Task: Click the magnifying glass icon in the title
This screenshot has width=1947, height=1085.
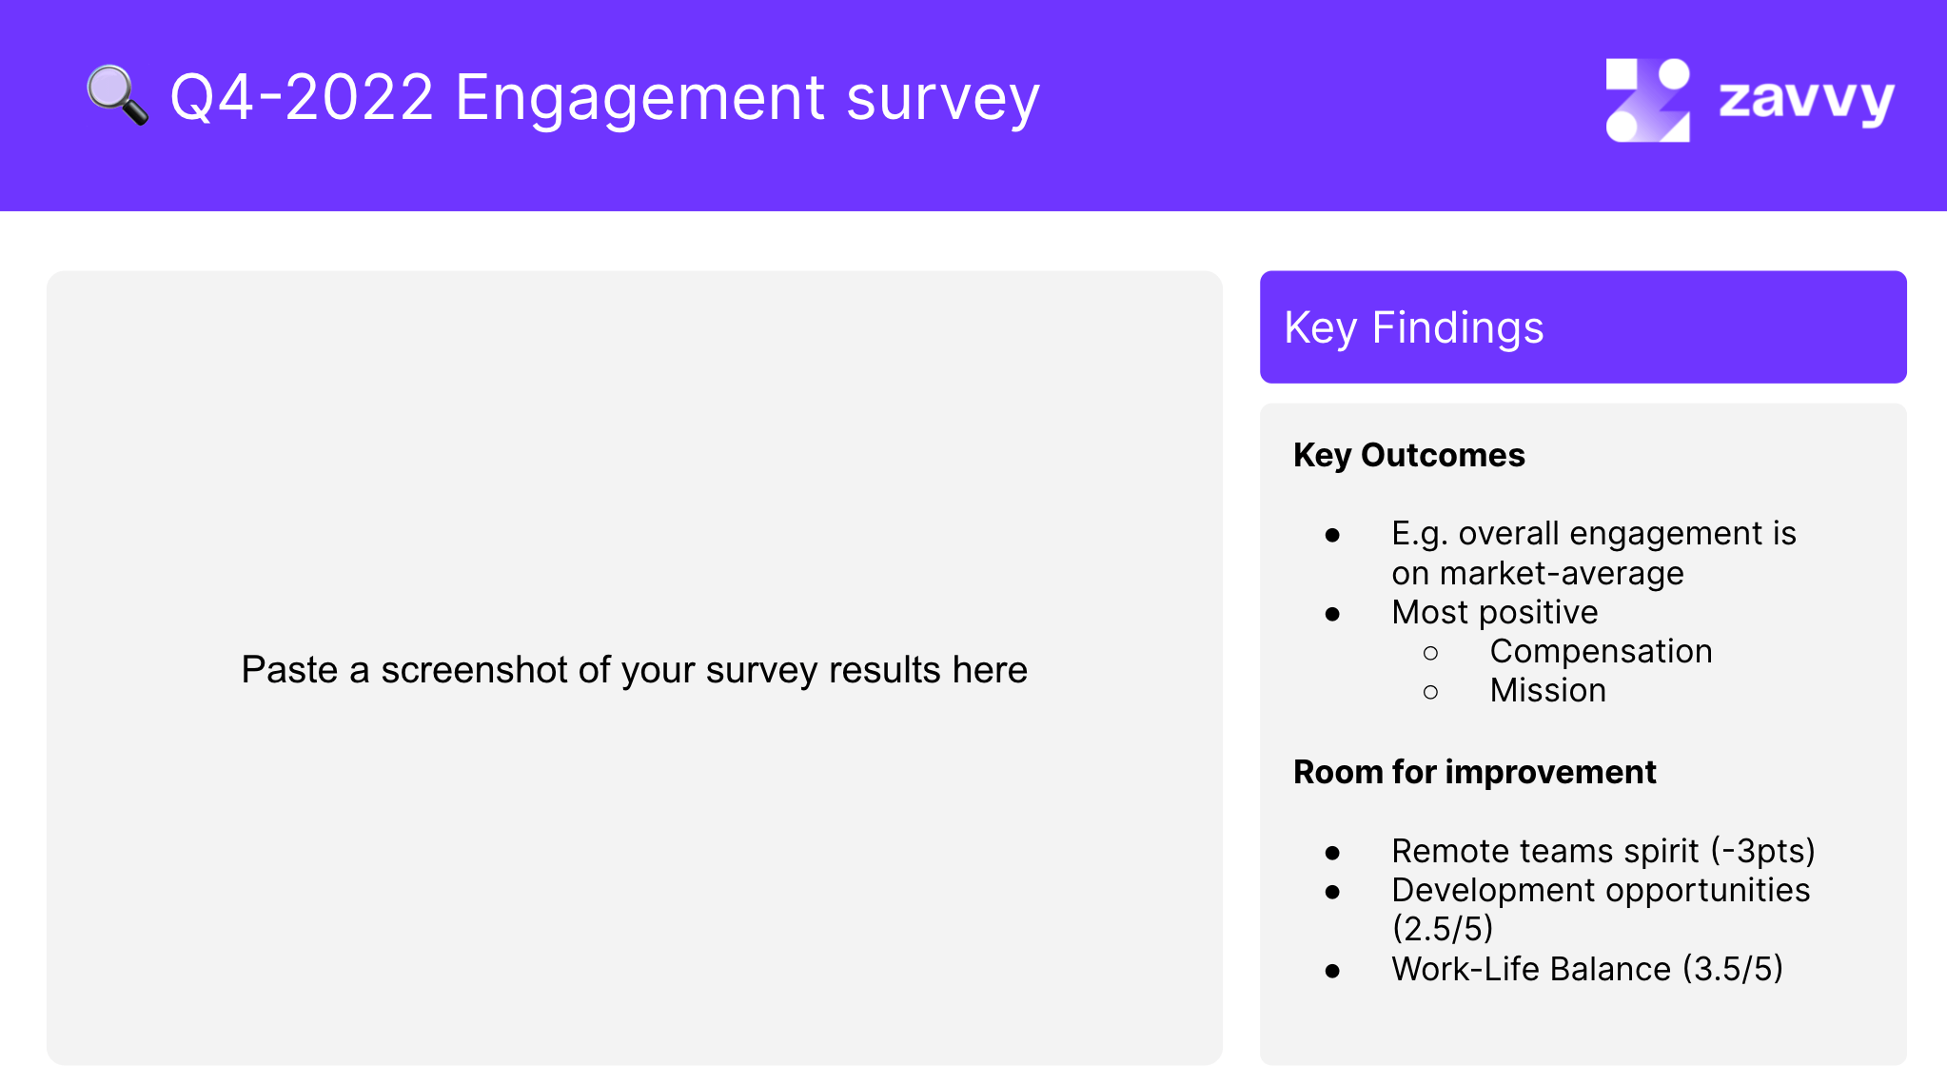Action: click(117, 95)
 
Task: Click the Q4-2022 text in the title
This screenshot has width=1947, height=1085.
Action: click(302, 97)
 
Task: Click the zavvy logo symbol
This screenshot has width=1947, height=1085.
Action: click(1647, 100)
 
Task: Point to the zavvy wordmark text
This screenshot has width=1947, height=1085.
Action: click(1806, 100)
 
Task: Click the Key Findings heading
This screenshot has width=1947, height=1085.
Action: click(1413, 328)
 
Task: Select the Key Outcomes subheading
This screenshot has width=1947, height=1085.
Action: click(1408, 455)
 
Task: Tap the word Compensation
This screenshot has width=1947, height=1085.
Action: click(1601, 651)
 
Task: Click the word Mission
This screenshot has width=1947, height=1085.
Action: click(1547, 690)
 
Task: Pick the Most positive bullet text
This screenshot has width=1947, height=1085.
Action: click(1494, 613)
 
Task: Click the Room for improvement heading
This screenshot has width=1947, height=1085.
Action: click(1474, 772)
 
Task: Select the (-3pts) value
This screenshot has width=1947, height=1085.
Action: click(1762, 851)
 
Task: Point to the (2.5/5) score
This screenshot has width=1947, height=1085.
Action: click(1442, 928)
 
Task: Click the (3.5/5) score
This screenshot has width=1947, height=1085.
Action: click(1732, 969)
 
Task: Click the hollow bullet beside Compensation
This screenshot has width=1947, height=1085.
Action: click(1430, 653)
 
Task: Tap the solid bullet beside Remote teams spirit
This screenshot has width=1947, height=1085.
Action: click(1332, 853)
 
